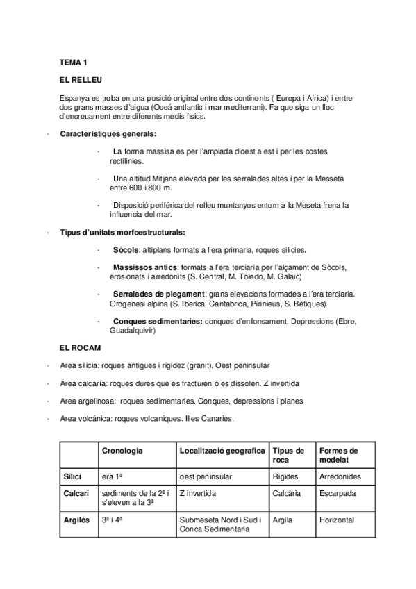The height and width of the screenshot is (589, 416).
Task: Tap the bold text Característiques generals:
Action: (x=108, y=134)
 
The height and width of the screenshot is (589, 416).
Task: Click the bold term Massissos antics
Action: (x=144, y=267)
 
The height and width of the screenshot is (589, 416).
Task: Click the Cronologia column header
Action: (x=122, y=451)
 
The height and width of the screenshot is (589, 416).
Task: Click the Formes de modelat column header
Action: (x=338, y=456)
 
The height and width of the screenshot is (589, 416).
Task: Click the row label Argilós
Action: (x=76, y=520)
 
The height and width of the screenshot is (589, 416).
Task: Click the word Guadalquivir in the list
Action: (x=133, y=331)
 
